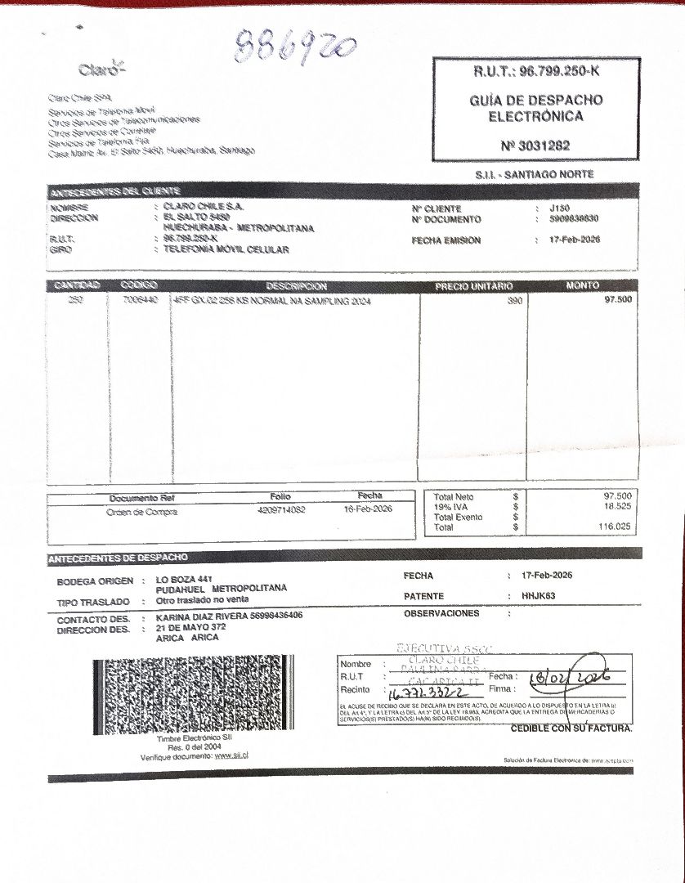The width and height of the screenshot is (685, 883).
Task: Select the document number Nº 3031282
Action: point(535,146)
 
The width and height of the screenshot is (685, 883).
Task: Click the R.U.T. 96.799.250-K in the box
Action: point(536,72)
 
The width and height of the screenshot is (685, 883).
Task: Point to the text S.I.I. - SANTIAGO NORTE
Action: point(534,174)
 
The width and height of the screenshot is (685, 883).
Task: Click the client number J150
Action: point(561,209)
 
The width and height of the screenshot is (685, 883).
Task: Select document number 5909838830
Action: point(575,219)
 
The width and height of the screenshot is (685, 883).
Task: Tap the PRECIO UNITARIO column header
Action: point(473,286)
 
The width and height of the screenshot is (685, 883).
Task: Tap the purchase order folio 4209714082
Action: point(281,509)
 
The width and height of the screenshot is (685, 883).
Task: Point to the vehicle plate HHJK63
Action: point(538,596)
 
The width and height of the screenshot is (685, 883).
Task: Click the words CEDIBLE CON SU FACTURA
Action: point(571,728)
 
